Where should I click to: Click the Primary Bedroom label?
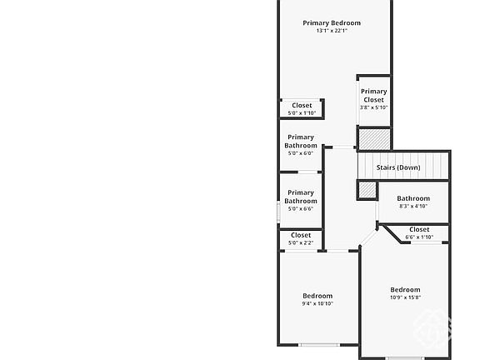click(332, 23)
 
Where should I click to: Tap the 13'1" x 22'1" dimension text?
click(332, 31)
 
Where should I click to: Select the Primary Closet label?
click(374, 96)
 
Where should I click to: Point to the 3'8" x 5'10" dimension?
click(374, 107)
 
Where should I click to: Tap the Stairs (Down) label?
click(398, 167)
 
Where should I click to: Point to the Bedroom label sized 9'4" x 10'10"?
click(317, 296)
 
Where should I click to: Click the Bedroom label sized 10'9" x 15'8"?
click(405, 290)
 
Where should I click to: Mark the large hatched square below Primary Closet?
click(374, 139)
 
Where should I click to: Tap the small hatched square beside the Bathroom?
click(367, 190)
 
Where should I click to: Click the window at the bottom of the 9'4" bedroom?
click(318, 345)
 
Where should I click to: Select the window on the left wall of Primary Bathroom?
click(278, 212)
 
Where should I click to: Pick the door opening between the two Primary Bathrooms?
click(307, 172)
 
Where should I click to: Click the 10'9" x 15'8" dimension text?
click(405, 297)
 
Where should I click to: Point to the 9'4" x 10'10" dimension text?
click(317, 303)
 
